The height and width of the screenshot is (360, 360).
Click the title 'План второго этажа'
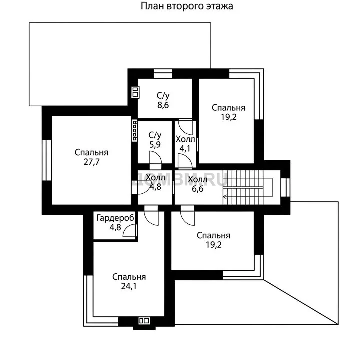tap(187, 6)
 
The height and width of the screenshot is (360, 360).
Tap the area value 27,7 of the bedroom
tap(91, 162)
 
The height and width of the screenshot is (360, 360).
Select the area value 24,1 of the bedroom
tap(129, 286)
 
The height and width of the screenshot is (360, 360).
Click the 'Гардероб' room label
tap(115, 218)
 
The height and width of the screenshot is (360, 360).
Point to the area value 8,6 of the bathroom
tap(163, 105)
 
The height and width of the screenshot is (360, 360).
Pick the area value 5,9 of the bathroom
tap(155, 145)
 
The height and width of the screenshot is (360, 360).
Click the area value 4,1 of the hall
tap(185, 149)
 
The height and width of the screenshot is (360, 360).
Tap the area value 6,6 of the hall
tap(197, 189)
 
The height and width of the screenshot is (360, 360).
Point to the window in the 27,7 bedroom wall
tap(47, 160)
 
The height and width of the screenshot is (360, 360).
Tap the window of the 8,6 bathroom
tap(163, 74)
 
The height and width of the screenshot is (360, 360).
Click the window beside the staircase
tap(285, 187)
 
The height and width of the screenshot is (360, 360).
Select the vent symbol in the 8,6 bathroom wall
tap(135, 92)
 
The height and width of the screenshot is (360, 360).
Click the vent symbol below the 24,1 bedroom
tap(144, 320)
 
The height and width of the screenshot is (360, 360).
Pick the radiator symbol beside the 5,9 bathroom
tap(135, 131)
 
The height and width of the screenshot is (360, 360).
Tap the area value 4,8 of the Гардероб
tap(115, 228)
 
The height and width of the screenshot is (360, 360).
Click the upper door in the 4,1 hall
tap(185, 127)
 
